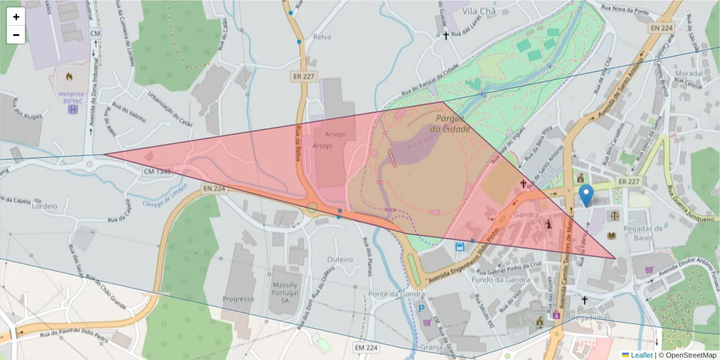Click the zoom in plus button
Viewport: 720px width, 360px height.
click(x=16, y=17)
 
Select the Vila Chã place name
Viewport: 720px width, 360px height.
click(x=466, y=10)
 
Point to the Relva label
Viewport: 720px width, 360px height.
click(x=322, y=37)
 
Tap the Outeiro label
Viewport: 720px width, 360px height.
click(x=340, y=259)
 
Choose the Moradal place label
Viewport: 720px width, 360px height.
click(x=689, y=73)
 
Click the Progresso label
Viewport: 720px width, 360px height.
click(x=238, y=299)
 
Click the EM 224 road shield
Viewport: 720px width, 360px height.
click(x=366, y=347)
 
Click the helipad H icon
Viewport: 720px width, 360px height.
click(x=73, y=109)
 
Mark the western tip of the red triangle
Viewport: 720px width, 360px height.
click(x=104, y=154)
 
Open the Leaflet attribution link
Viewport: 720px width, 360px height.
click(x=641, y=355)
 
